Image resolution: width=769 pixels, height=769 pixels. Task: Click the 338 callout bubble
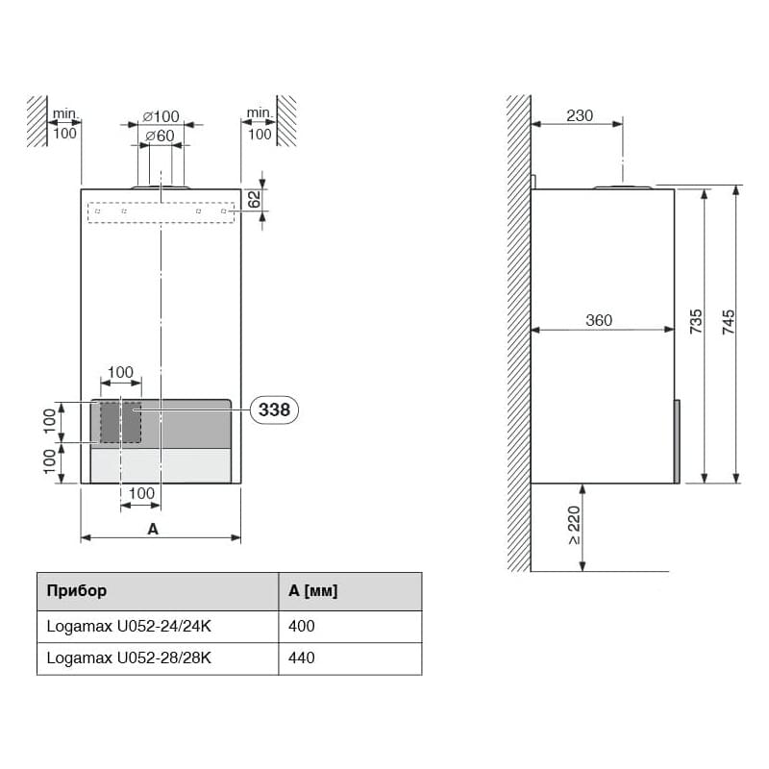click(274, 409)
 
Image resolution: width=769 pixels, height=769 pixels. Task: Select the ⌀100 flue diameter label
click(161, 116)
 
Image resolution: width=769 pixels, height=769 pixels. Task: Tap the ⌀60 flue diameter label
click(160, 136)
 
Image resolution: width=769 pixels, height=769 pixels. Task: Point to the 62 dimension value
click(254, 199)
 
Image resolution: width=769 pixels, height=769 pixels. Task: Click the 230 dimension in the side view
click(580, 115)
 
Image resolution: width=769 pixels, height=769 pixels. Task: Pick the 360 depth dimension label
click(599, 320)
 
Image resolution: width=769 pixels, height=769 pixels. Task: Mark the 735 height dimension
click(696, 322)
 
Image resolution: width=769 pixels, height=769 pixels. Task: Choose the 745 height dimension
click(729, 322)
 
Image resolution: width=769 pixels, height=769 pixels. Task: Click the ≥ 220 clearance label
click(574, 525)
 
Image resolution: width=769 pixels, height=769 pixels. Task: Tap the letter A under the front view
click(153, 530)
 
